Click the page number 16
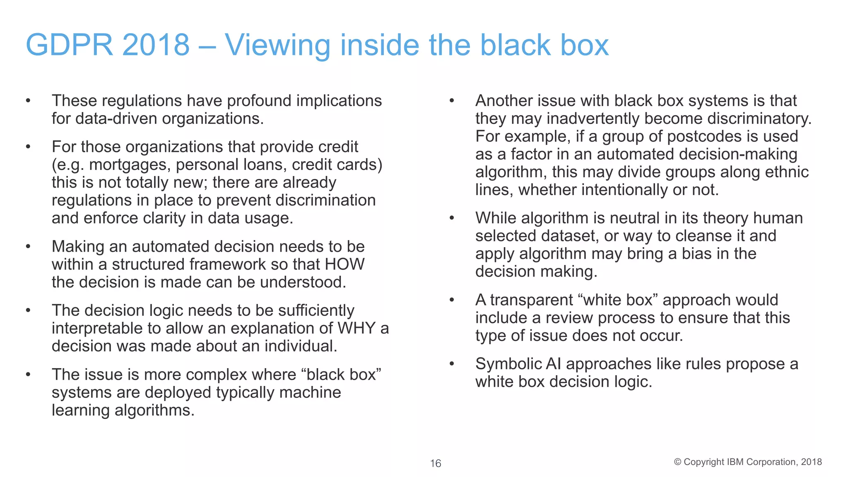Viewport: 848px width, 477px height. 435,463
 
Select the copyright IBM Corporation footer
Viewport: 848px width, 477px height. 748,462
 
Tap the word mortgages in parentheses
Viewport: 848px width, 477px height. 130,165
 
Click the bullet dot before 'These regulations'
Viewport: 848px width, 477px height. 28,101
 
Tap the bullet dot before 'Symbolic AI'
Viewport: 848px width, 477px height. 452,364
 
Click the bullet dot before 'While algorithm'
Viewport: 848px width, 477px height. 452,218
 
